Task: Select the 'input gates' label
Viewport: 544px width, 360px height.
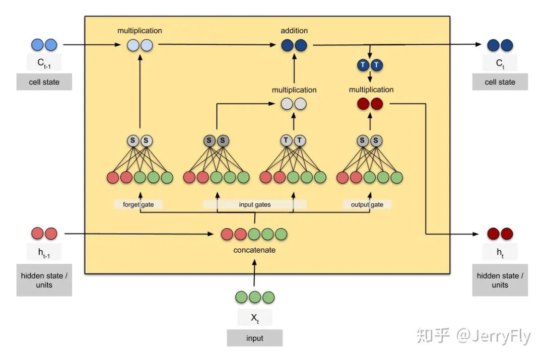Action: tap(255, 204)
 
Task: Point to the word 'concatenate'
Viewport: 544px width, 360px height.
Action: tap(254, 250)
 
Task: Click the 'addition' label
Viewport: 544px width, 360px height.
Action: tap(294, 31)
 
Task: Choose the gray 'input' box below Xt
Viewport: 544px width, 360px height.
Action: tap(254, 338)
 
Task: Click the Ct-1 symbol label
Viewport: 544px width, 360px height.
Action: tap(44, 64)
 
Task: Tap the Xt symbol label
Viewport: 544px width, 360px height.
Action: tap(254, 317)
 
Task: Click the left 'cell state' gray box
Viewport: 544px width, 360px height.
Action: tap(44, 82)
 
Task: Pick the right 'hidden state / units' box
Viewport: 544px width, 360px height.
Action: tap(500, 280)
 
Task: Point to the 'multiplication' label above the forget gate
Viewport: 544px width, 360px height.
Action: tap(140, 31)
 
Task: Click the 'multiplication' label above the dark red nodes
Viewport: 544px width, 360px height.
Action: tap(371, 90)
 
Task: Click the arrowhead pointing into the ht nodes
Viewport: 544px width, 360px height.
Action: tap(478, 234)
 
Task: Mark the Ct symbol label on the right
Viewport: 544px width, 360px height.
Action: tap(500, 64)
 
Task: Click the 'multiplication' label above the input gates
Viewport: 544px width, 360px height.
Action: tap(294, 90)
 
